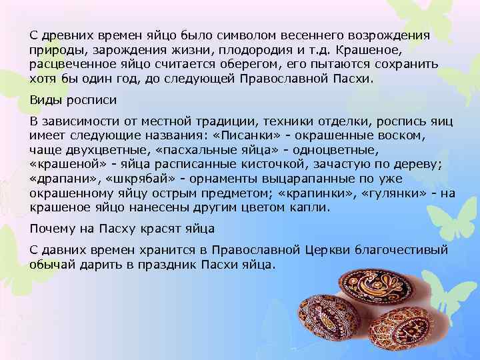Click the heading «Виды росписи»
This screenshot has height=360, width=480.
pos(73,100)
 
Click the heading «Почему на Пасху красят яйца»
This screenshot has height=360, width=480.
pos(122,229)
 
